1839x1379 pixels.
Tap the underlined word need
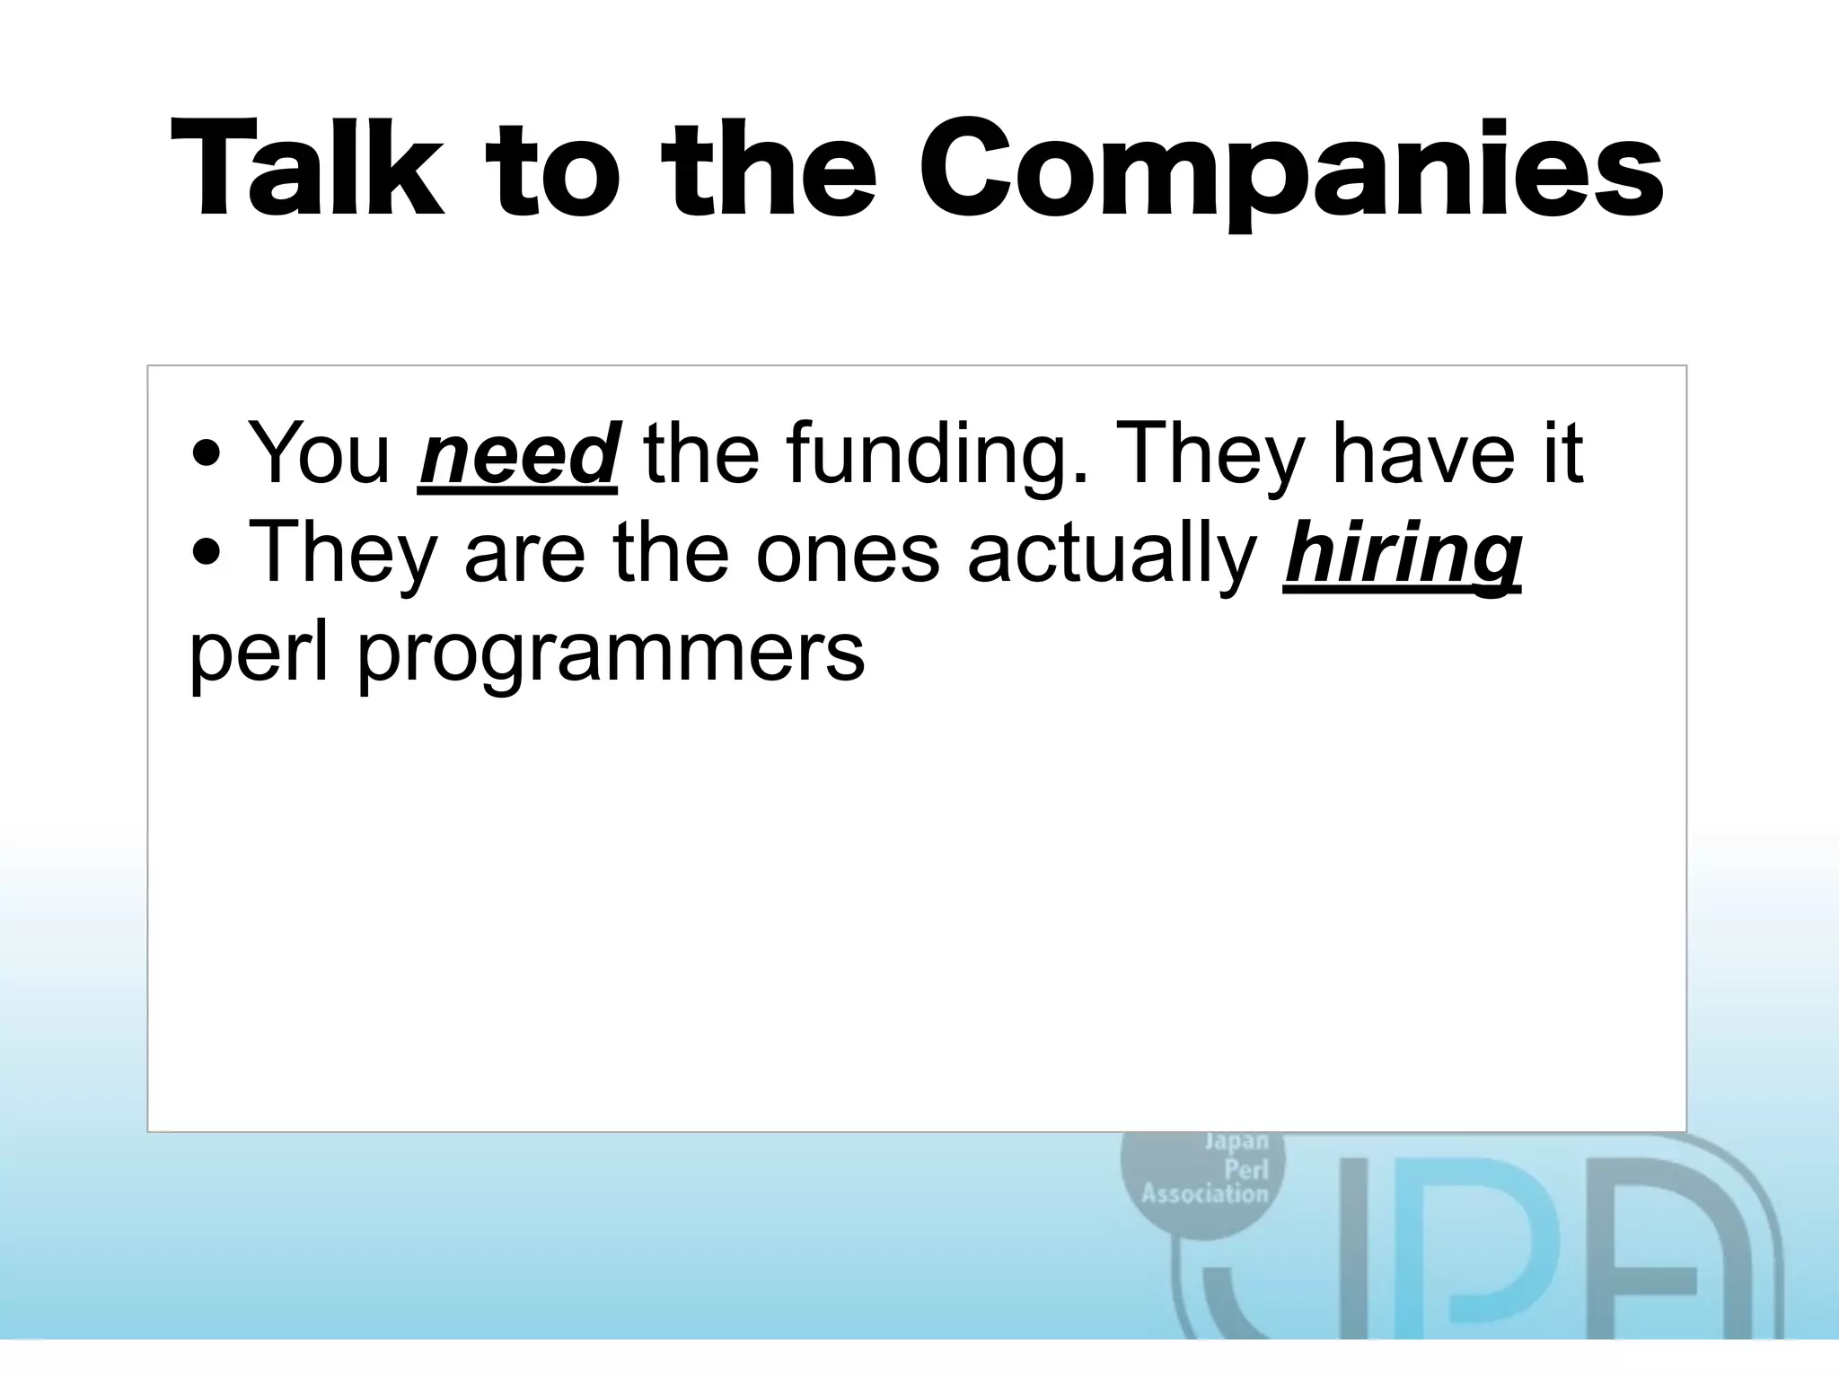(x=517, y=453)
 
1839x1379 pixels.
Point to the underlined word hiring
(x=1402, y=554)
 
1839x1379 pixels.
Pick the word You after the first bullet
(x=319, y=453)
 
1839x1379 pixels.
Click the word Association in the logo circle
(x=1204, y=1194)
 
